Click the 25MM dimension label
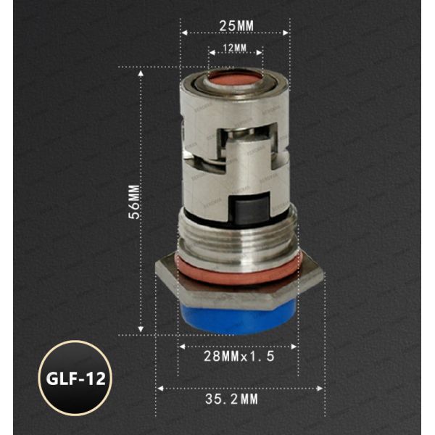coord(236,25)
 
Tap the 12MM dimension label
coord(236,47)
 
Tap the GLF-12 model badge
coord(73,378)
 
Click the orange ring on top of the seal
coord(236,78)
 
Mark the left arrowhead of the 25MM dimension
coord(183,33)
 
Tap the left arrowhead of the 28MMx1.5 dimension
coord(181,347)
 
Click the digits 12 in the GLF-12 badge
coord(92,378)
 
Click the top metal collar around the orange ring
coord(236,91)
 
